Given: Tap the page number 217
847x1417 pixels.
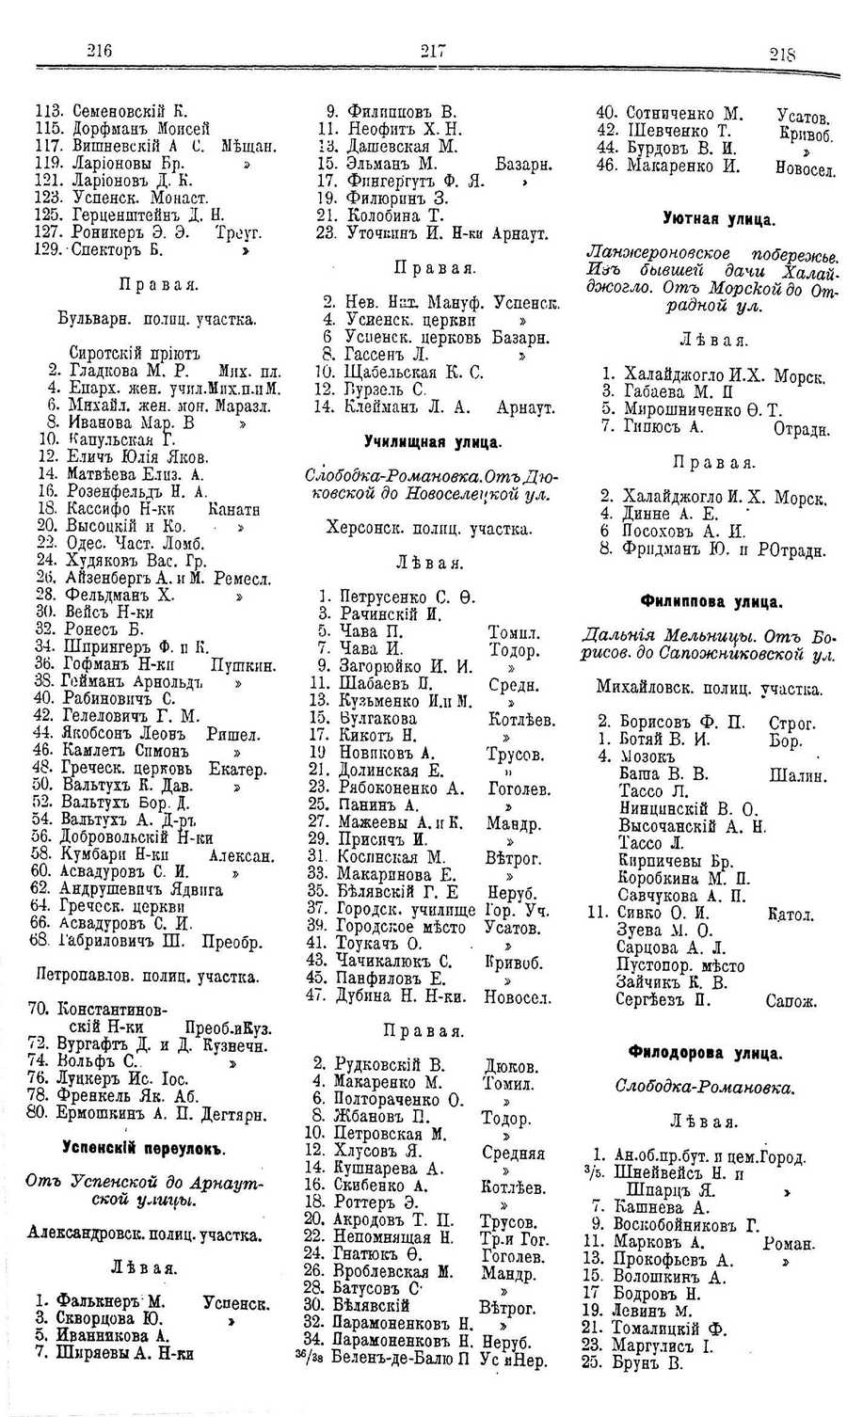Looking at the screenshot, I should click(432, 53).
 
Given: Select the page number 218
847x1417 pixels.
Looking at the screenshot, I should click(782, 55).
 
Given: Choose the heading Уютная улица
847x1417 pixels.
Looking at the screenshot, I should click(719, 219).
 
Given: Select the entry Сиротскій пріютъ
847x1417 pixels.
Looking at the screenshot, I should click(136, 352).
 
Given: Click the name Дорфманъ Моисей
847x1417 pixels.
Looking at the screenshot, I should click(140, 128).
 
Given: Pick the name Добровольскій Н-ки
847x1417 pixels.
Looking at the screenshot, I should click(139, 836).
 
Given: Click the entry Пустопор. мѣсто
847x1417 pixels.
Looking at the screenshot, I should click(680, 965).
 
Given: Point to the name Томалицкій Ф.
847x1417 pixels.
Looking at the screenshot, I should click(670, 1327).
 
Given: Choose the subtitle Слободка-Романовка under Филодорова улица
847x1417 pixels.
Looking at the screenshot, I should click(705, 1088).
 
